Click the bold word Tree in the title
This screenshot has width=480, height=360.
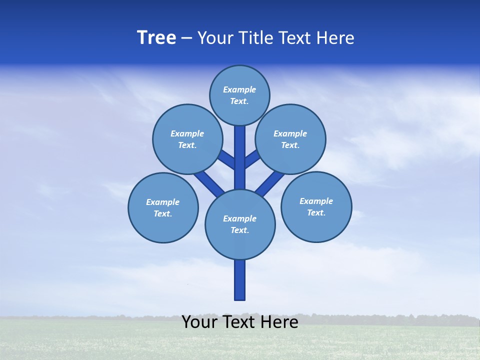(x=156, y=38)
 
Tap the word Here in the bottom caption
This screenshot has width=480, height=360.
(x=280, y=322)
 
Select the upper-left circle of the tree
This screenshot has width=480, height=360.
(x=187, y=139)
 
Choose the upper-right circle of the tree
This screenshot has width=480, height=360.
(x=290, y=139)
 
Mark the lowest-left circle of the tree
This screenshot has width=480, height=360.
(x=163, y=207)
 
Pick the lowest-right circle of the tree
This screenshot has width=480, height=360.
(x=316, y=206)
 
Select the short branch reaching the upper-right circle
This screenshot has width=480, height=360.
(x=251, y=159)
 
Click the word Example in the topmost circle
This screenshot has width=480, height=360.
(x=239, y=89)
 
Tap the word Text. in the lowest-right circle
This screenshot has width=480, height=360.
(x=316, y=212)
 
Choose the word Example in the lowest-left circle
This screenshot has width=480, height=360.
(x=163, y=202)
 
